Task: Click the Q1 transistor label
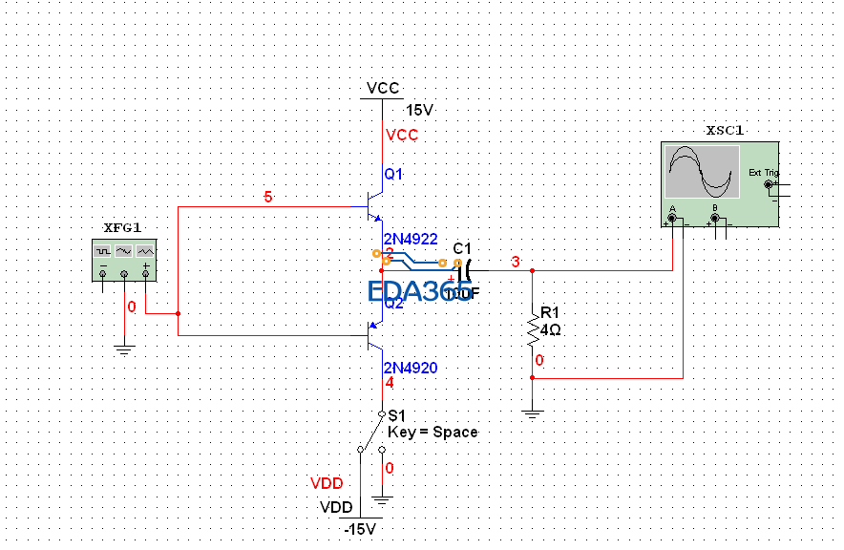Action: pyautogui.click(x=393, y=175)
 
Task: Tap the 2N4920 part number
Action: pyautogui.click(x=410, y=368)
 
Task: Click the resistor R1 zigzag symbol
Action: pyautogui.click(x=532, y=329)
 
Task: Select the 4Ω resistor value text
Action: pyautogui.click(x=550, y=330)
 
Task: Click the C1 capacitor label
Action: pyautogui.click(x=462, y=248)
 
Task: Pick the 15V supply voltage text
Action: pyautogui.click(x=419, y=111)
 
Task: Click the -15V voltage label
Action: pyautogui.click(x=361, y=529)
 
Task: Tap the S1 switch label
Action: pyautogui.click(x=397, y=416)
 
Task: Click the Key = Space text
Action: pyautogui.click(x=433, y=432)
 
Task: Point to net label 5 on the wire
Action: pyautogui.click(x=268, y=198)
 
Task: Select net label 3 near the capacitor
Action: pyautogui.click(x=516, y=263)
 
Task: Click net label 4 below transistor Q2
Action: pyautogui.click(x=389, y=383)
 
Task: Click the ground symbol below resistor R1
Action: pyautogui.click(x=532, y=413)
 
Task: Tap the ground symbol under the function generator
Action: pyautogui.click(x=123, y=349)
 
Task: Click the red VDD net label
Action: pyautogui.click(x=327, y=484)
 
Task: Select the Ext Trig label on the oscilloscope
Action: pyautogui.click(x=763, y=173)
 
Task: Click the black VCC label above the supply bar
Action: pyautogui.click(x=383, y=88)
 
